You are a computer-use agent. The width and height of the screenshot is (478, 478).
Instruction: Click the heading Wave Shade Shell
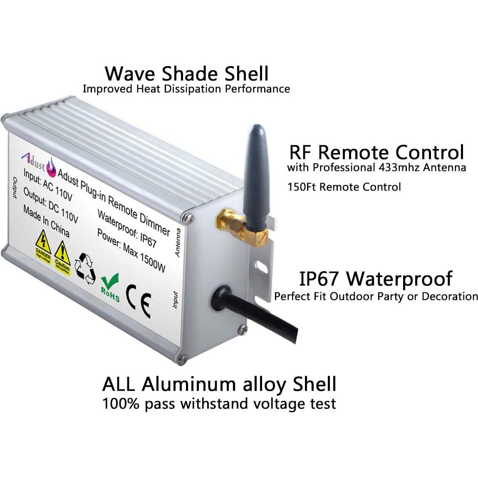pos(187,73)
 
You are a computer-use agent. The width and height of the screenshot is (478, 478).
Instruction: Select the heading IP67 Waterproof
pos(376,278)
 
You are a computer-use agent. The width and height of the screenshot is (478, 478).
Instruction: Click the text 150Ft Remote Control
pos(344,187)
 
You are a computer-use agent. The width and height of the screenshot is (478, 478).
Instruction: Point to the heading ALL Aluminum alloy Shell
pos(219,384)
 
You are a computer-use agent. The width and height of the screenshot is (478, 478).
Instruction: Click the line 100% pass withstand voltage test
pos(219,404)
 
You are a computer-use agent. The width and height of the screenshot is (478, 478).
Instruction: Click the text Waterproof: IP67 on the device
pos(126,229)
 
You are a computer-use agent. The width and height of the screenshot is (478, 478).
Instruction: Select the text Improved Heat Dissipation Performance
pos(186,89)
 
